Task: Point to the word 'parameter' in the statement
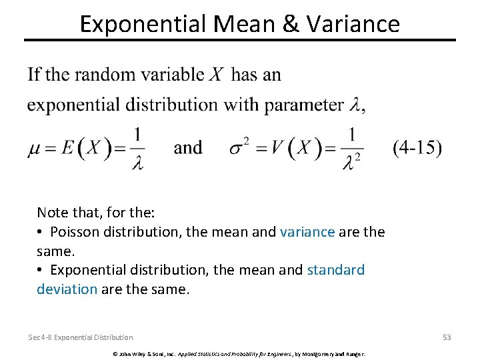tap(303, 105)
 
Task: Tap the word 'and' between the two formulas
tap(188, 147)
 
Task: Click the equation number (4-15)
tap(417, 147)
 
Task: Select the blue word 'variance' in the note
tap(307, 231)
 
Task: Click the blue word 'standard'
tap(335, 270)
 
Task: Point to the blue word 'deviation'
tap(67, 289)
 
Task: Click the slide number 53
tap(447, 337)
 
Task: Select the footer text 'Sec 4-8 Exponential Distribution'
tap(81, 337)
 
